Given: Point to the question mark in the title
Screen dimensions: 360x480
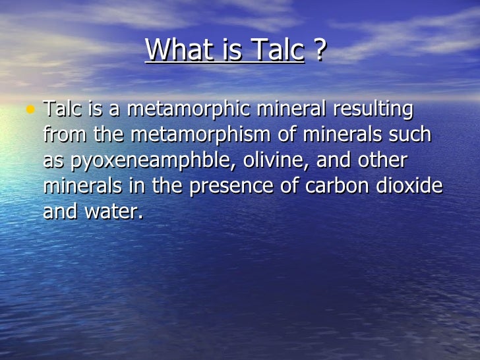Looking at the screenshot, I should (320, 50).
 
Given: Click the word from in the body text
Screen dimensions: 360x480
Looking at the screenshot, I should (65, 135).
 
